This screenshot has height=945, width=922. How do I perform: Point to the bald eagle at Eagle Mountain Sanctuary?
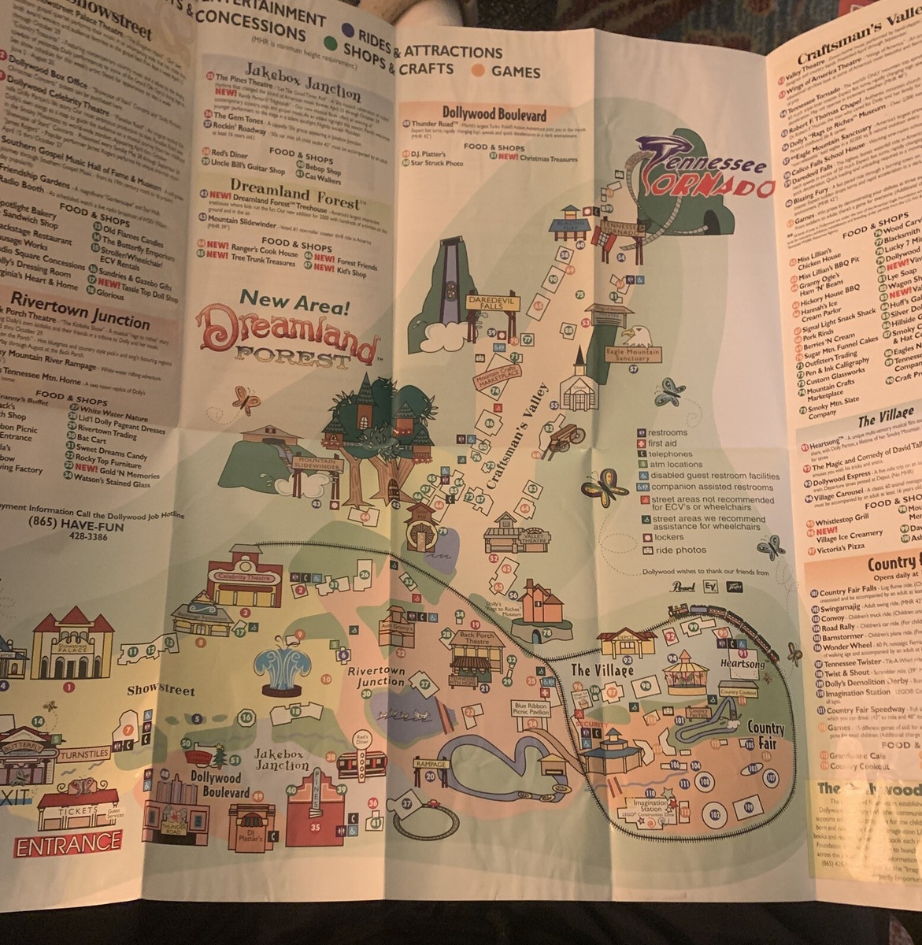tap(631, 336)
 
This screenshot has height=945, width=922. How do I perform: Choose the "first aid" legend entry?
tap(668, 443)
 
